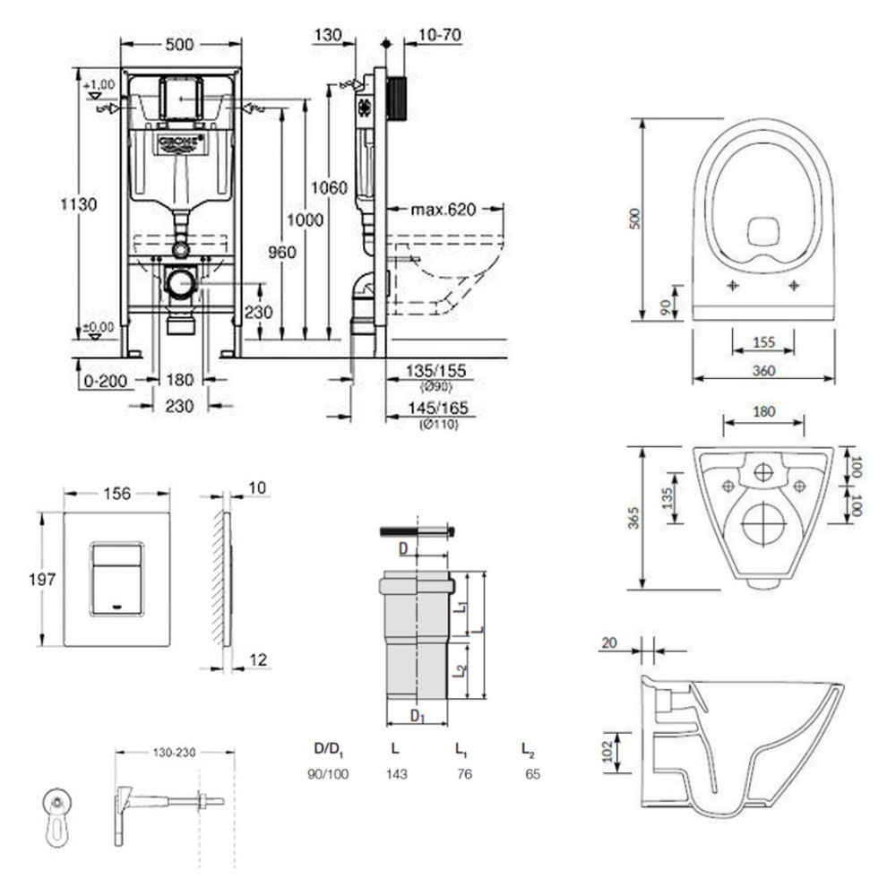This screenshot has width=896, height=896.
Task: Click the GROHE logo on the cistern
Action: (181, 143)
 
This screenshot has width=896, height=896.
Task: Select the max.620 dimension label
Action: (443, 211)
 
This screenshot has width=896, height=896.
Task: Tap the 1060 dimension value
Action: (329, 187)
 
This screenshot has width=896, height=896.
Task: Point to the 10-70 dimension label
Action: (440, 35)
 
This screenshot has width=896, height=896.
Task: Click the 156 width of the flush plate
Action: (117, 493)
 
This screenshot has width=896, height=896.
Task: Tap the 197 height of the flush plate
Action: (27, 579)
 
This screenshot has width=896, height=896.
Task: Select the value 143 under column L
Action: (397, 773)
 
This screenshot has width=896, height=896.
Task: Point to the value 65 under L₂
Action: (532, 773)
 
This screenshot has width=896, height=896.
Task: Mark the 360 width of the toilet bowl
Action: (763, 371)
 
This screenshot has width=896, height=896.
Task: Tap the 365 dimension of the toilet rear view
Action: (633, 518)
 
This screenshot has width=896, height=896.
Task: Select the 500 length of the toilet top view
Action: (633, 219)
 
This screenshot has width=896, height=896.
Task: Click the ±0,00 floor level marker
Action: (99, 327)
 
